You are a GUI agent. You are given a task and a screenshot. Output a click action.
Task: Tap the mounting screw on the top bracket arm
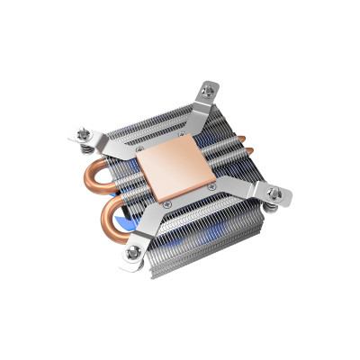pos(210,89)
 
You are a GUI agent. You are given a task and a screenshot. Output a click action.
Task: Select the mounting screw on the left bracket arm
pos(82,134)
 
